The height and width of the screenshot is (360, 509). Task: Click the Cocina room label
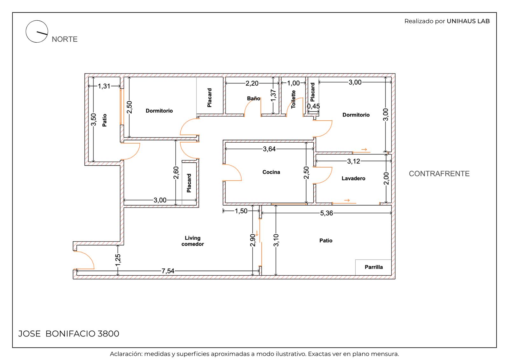click(x=271, y=172)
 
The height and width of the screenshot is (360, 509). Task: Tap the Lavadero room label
click(x=353, y=178)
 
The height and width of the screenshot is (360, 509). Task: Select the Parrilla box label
click(x=373, y=267)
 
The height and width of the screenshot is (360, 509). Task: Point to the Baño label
click(x=253, y=98)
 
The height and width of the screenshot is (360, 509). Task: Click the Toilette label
click(x=293, y=99)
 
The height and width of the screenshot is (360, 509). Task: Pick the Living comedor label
click(x=192, y=241)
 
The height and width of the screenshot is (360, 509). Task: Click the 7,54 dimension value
click(x=168, y=271)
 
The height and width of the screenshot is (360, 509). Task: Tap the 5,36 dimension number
click(x=326, y=213)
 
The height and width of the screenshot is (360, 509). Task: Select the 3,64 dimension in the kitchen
click(x=269, y=149)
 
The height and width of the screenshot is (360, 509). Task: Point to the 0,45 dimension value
click(x=313, y=106)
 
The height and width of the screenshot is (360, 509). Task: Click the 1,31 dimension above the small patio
click(x=104, y=86)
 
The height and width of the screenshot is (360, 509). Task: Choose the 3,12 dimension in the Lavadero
click(x=353, y=161)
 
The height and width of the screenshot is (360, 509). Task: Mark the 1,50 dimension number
click(x=241, y=211)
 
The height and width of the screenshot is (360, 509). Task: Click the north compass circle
click(x=37, y=20)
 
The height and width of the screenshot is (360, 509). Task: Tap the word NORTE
click(x=65, y=39)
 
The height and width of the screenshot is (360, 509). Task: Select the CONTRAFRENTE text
click(x=439, y=174)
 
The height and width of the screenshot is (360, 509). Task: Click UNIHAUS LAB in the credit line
click(x=468, y=21)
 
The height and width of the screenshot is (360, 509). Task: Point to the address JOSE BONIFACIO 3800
click(x=69, y=334)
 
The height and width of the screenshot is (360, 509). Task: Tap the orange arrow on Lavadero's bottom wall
click(x=347, y=200)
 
